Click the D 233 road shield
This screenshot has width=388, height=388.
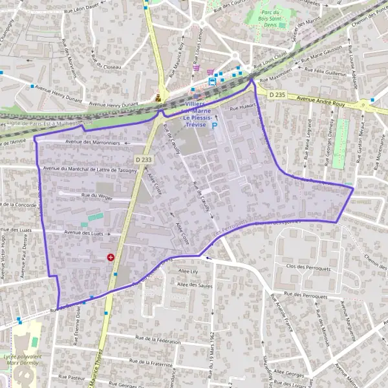[x=144, y=159]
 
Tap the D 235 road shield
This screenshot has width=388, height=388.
[x=277, y=95]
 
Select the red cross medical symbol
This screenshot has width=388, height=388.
[x=111, y=257]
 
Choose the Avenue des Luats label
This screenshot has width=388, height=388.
[x=83, y=232]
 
